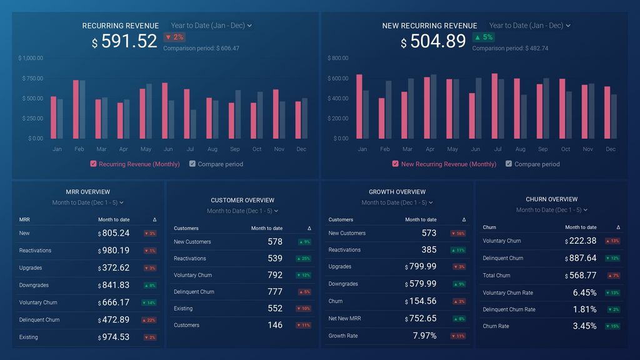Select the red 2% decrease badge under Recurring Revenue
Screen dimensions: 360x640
(174, 37)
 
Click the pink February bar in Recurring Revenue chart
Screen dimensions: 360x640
(76, 109)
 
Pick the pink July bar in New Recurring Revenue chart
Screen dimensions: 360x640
(494, 106)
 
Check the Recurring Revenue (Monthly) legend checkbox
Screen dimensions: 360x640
(94, 164)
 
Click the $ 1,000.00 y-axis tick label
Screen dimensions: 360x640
(31, 58)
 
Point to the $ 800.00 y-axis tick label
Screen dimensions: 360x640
(338, 58)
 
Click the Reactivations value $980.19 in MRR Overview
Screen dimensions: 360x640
(116, 251)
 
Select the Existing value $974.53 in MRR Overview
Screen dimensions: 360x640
(116, 337)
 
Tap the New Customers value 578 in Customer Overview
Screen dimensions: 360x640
(275, 242)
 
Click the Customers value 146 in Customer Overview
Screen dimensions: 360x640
(275, 325)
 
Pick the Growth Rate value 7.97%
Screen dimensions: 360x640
(424, 336)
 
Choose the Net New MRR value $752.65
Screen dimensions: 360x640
(422, 318)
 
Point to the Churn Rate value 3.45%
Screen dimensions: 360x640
(584, 326)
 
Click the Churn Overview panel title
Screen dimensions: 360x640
(551, 199)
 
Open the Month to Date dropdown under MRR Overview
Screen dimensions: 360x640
(87, 202)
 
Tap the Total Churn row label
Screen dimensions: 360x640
(496, 275)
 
